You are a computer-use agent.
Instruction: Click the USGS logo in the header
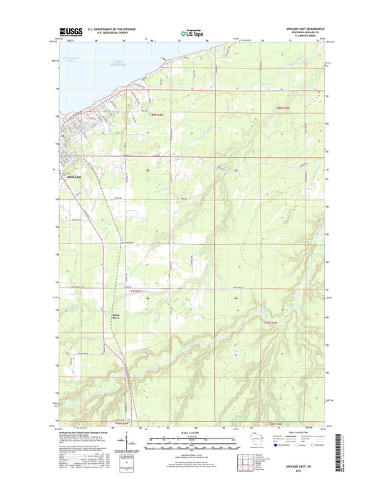click(66, 32)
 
